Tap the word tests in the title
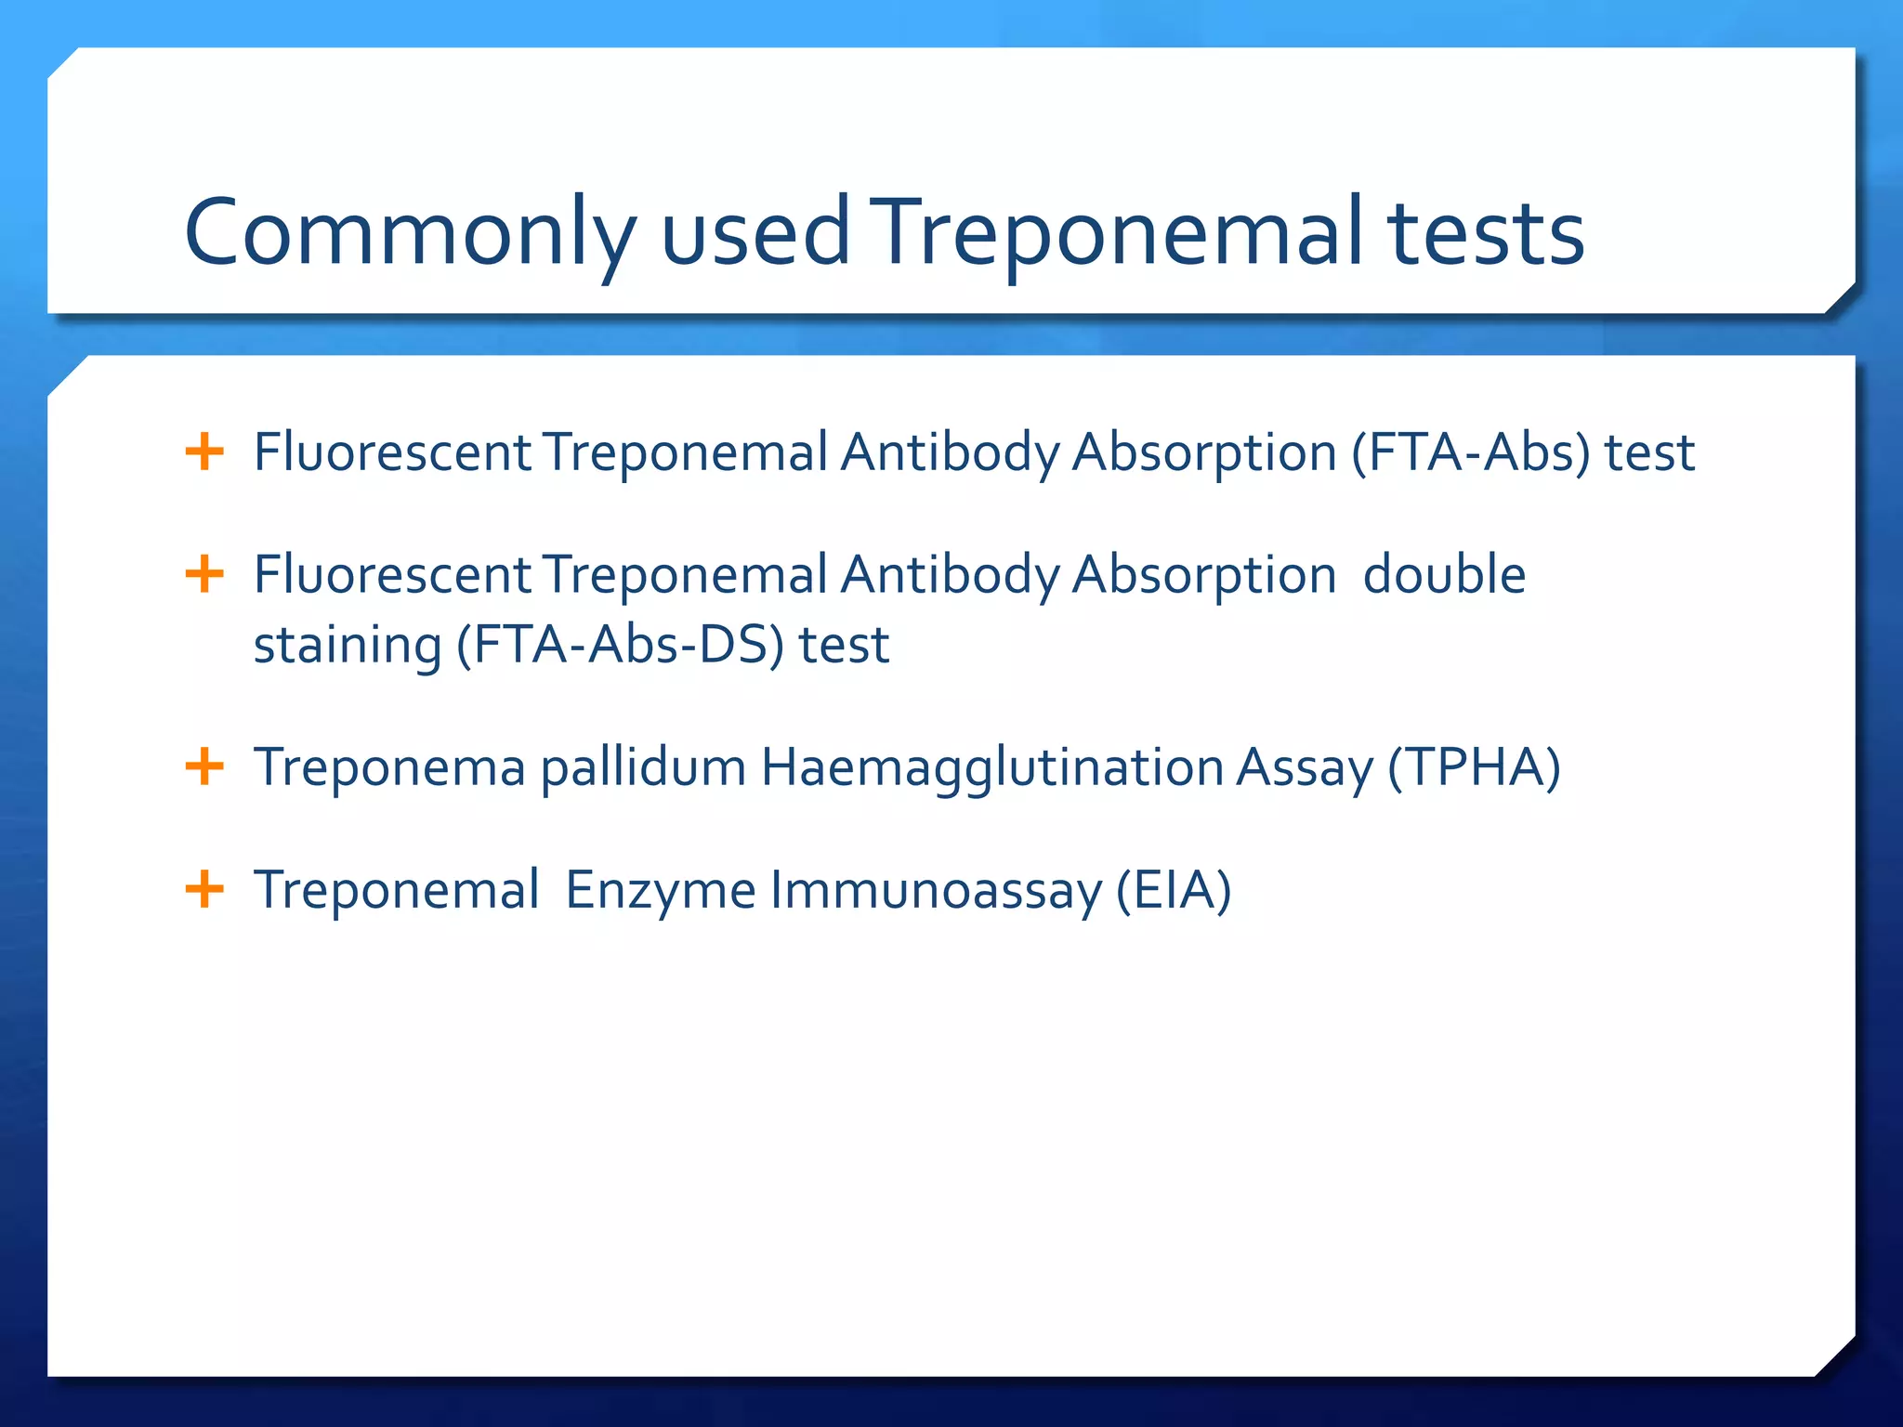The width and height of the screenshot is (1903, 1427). (x=1486, y=232)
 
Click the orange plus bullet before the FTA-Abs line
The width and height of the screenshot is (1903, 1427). (x=204, y=452)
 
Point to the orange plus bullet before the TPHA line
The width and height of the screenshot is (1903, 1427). (x=204, y=767)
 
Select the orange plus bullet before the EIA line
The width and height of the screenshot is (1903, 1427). (x=204, y=889)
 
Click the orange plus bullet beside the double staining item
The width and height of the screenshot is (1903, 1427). (x=204, y=574)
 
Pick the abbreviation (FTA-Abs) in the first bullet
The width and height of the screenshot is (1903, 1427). (x=1471, y=453)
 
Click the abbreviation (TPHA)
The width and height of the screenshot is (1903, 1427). (x=1474, y=768)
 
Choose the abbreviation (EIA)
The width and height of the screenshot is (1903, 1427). (x=1174, y=890)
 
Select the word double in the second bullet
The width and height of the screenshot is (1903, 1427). (x=1444, y=574)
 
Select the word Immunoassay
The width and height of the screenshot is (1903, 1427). (x=936, y=890)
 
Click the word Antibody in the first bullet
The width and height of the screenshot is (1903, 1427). (x=950, y=453)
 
